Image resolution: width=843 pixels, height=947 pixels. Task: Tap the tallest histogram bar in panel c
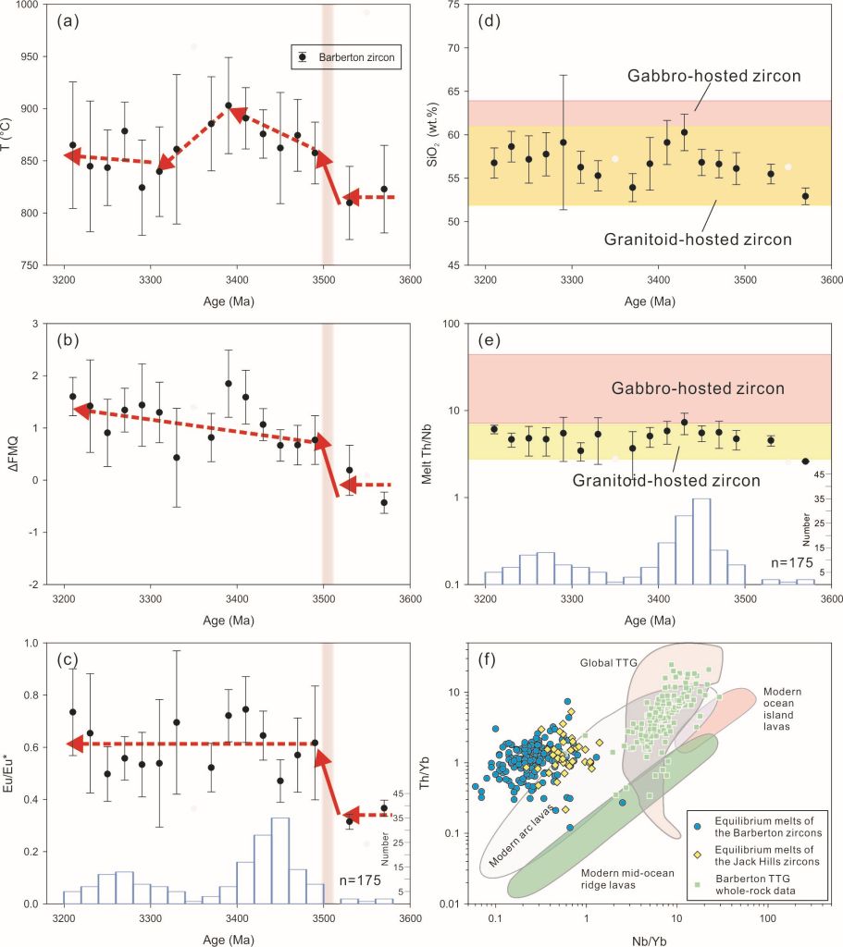[x=280, y=860]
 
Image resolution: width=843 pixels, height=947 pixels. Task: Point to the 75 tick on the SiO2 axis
[x=454, y=5]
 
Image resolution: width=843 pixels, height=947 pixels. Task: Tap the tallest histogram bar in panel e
[x=701, y=541]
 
